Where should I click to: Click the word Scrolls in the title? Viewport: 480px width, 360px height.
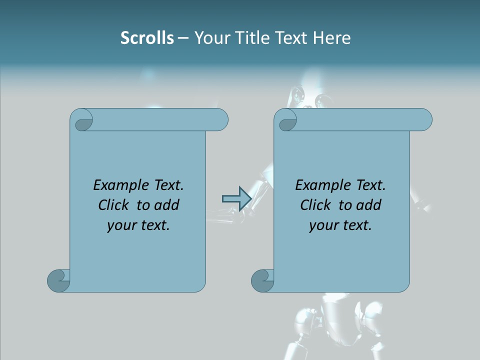pos(147,38)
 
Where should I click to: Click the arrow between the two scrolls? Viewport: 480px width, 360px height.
pos(236,198)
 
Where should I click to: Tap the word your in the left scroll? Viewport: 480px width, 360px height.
pos(121,226)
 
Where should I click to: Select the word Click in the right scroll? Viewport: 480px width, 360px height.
pos(316,205)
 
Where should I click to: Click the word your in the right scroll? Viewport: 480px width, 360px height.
pos(323,226)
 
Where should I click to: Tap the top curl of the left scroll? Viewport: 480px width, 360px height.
pos(81,120)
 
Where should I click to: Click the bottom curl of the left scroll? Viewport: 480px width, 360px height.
pos(58,280)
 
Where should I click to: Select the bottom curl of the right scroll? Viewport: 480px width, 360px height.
pos(262,280)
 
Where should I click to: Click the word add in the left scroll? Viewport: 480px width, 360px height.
pos(166,205)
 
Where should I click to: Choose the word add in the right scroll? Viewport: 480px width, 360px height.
pos(368,205)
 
